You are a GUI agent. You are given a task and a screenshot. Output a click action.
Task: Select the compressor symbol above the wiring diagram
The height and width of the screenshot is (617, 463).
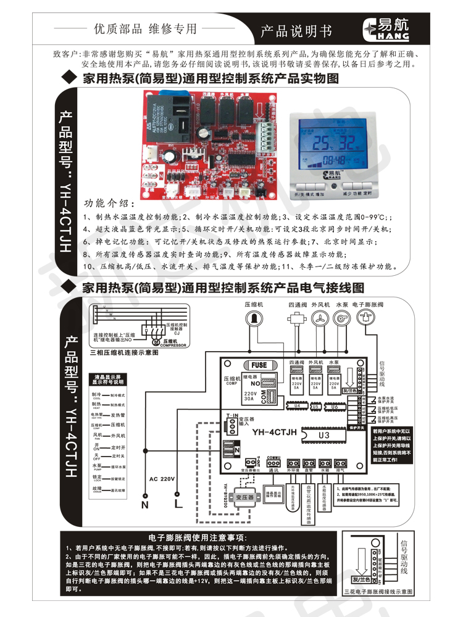pos(253,317)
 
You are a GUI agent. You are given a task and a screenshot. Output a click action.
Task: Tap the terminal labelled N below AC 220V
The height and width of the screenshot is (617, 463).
pos(145,504)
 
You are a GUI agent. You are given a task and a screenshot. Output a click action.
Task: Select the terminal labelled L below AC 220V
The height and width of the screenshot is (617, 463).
pos(177,504)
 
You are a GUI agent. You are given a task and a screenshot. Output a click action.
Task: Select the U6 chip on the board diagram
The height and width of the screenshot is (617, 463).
pos(334,406)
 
